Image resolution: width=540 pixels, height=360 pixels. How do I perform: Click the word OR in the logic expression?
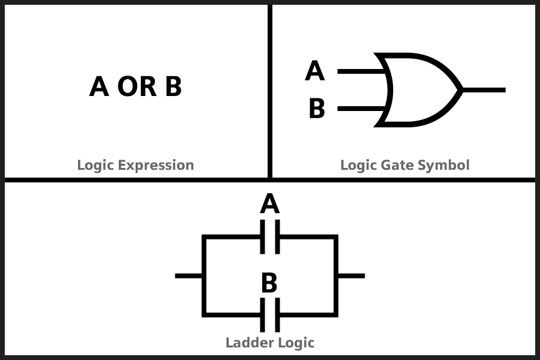[137, 86]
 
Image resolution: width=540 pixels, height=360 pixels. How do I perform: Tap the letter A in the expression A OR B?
[99, 86]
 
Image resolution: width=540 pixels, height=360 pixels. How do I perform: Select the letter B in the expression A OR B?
[173, 86]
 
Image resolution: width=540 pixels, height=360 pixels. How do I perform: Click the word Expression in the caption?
[156, 165]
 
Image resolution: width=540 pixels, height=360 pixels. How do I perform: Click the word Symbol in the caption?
[443, 165]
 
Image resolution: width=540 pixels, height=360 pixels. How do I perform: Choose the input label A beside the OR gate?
[315, 71]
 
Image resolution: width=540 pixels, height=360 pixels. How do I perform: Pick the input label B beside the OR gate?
[317, 108]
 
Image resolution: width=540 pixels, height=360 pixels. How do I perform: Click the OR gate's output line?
[484, 90]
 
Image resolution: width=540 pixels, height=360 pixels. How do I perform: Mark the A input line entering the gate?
[362, 71]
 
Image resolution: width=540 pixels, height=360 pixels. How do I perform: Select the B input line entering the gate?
[362, 109]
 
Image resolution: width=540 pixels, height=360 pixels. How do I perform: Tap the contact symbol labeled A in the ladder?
[270, 237]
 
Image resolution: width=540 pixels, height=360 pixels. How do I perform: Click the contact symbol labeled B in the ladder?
[270, 315]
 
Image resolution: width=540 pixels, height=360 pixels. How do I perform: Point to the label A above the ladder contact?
[269, 203]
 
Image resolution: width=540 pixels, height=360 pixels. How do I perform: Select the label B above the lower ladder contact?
[269, 283]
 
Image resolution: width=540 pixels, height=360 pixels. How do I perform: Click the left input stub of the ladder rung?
[189, 276]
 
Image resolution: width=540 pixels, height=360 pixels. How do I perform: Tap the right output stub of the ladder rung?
[351, 276]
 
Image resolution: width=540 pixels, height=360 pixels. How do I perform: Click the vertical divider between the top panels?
[270, 91]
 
